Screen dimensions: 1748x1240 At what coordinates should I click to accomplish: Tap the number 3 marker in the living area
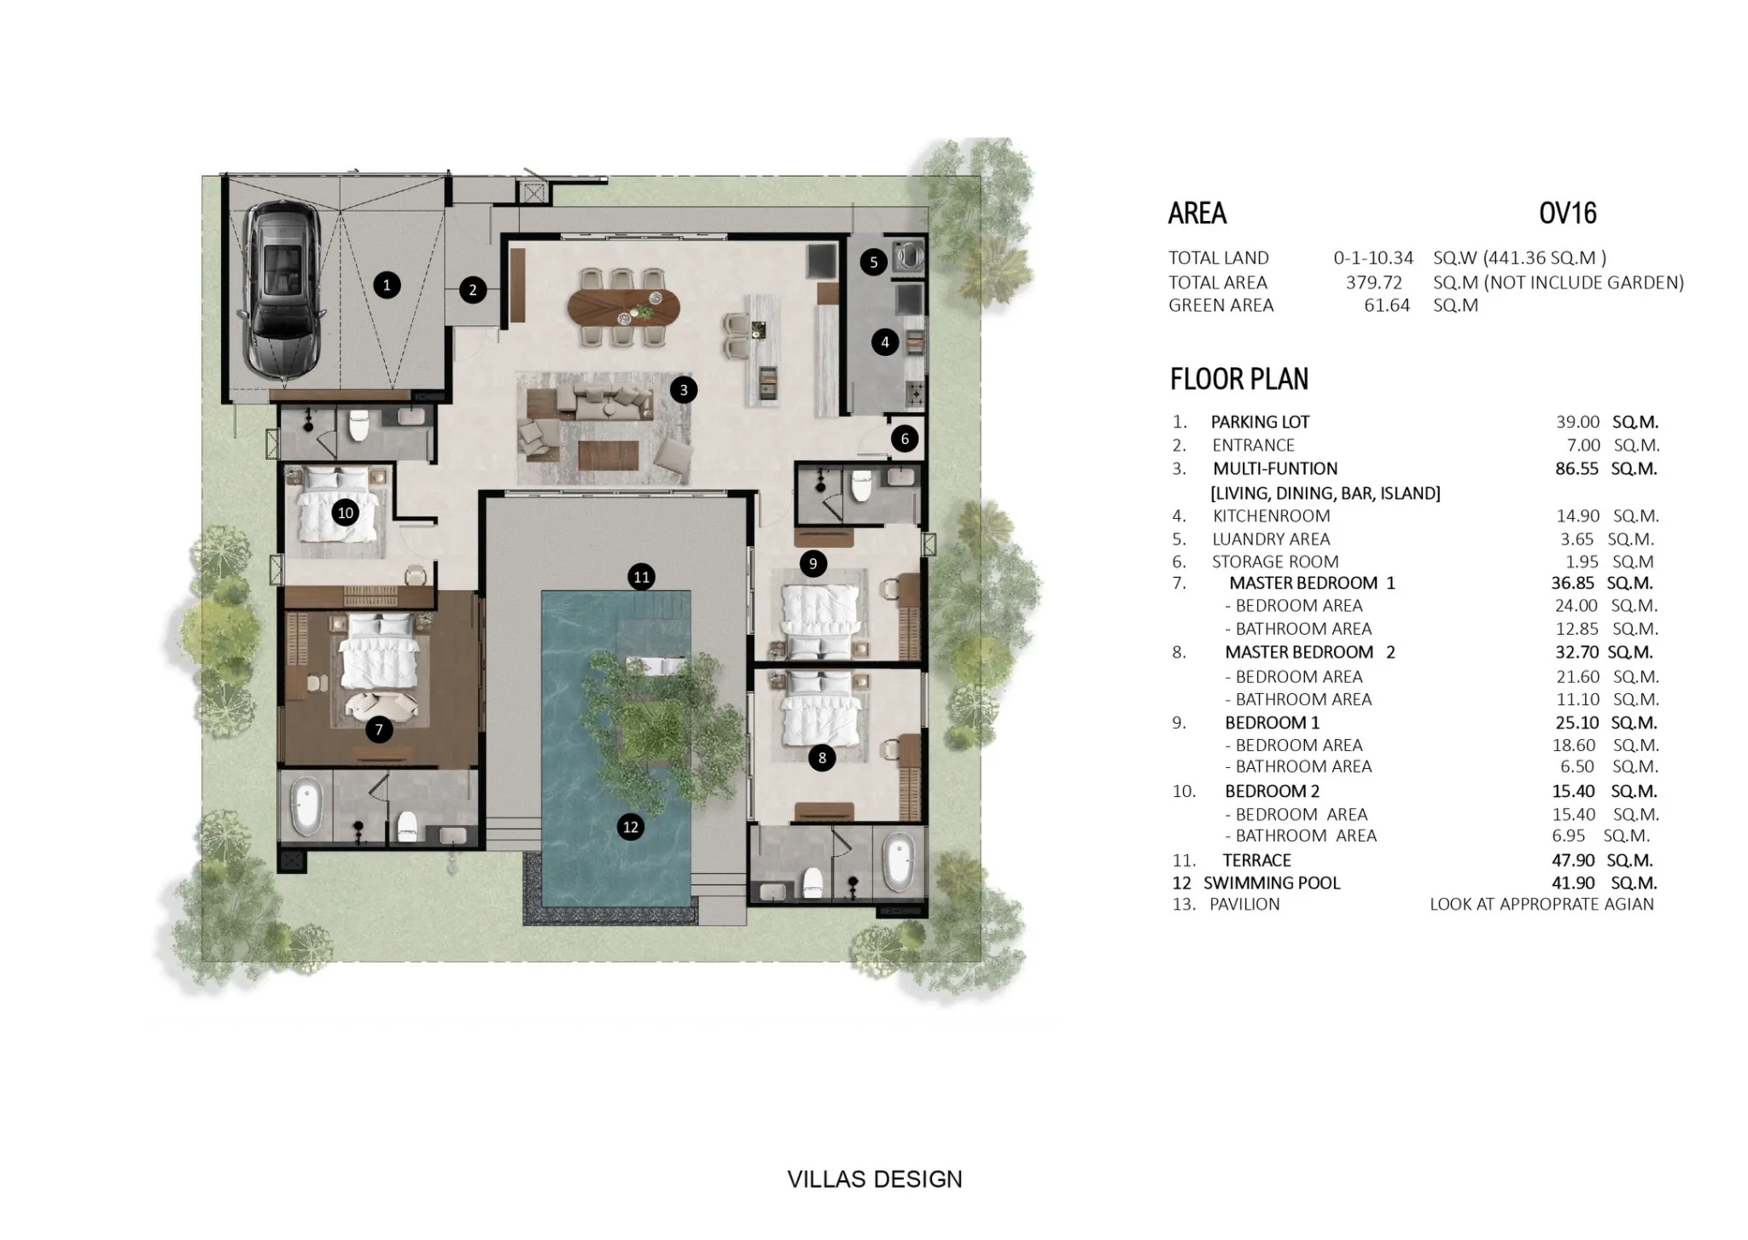pos(683,390)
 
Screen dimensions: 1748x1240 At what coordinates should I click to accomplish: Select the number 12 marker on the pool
pos(630,826)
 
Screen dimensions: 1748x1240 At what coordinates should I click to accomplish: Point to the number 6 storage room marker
pos(905,439)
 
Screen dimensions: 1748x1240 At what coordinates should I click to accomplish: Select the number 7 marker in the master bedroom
pos(378,729)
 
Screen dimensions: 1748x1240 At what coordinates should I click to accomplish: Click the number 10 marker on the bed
pos(345,513)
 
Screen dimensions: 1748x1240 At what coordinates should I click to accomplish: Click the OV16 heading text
pos(1567,212)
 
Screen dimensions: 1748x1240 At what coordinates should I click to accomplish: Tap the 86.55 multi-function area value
pos(1576,469)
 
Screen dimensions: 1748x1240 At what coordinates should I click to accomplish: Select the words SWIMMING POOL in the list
pos(1272,882)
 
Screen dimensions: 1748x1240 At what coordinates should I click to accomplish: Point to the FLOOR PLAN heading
pos(1238,379)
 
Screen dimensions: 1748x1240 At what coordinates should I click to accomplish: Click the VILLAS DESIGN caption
pos(874,1179)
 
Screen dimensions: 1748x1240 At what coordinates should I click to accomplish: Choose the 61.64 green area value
pos(1387,306)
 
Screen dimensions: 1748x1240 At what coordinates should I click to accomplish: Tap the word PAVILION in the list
pos(1244,905)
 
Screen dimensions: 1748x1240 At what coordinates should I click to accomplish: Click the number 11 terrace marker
pos(641,577)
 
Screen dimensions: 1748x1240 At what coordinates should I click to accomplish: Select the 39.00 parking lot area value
pos(1577,422)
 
